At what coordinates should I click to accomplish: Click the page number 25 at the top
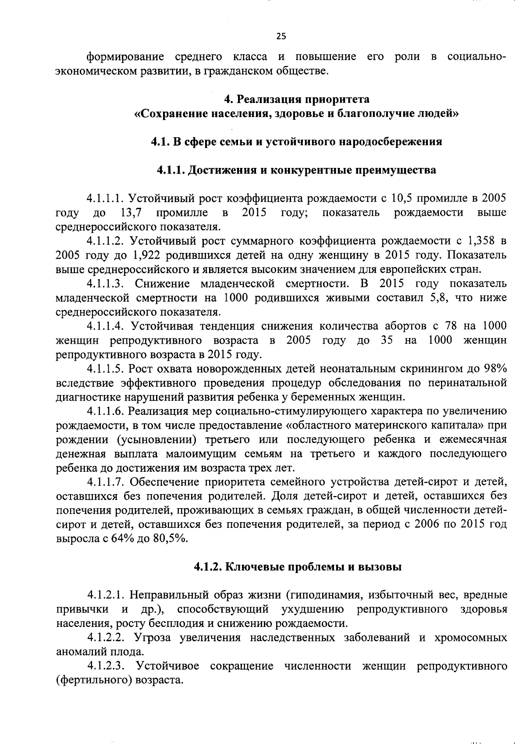[281, 36]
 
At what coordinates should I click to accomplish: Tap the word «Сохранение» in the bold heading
[170, 114]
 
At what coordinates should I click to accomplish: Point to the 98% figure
[496, 368]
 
